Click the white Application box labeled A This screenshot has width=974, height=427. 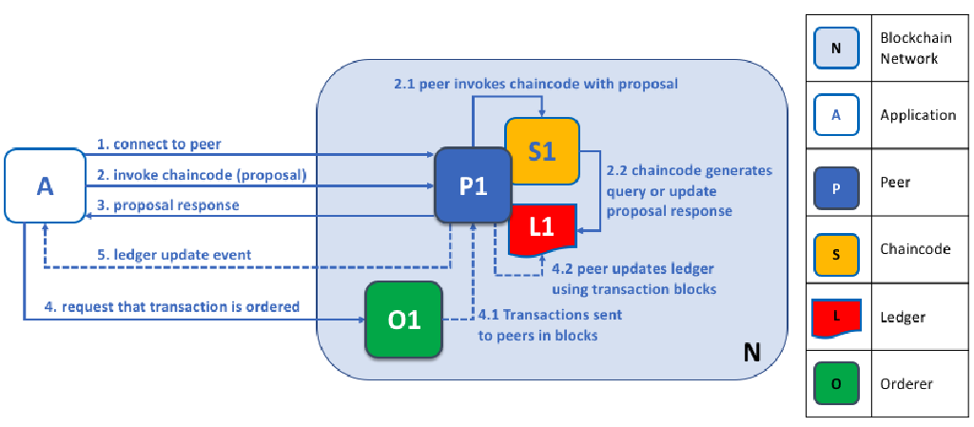click(x=45, y=186)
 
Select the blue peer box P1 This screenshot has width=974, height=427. click(x=473, y=186)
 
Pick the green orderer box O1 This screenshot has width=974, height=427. click(x=404, y=320)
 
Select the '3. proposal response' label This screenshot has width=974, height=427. click(x=167, y=205)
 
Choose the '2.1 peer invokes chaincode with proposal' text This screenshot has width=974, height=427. click(x=536, y=84)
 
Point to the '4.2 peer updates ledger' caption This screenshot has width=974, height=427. click(x=633, y=278)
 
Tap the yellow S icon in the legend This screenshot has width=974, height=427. click(x=836, y=249)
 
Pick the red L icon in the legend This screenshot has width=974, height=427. click(x=836, y=317)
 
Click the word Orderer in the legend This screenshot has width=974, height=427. click(x=906, y=384)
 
